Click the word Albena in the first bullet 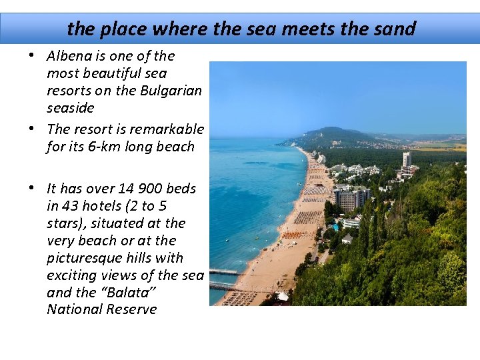(70, 56)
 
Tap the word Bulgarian (171, 91)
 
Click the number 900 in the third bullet (147, 189)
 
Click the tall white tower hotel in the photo (406, 160)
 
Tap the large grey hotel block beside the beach (352, 199)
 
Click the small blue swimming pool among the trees (335, 227)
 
